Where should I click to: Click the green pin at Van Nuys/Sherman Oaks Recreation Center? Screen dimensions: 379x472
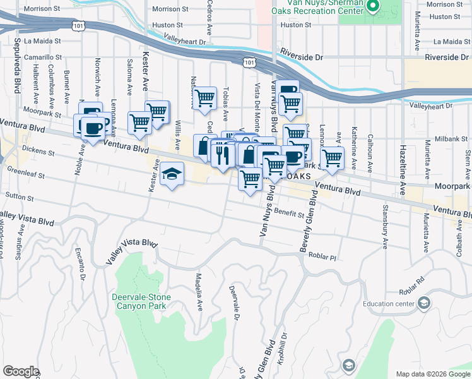point(373,7)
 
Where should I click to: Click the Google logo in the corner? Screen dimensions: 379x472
point(20,371)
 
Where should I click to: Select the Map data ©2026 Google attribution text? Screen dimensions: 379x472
point(433,373)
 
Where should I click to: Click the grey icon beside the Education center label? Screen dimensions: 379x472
point(424,304)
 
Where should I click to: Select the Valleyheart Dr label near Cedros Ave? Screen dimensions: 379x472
point(185,41)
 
